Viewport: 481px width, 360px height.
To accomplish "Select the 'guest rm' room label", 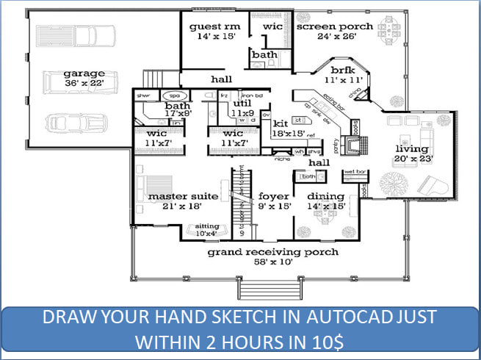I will click(x=211, y=27).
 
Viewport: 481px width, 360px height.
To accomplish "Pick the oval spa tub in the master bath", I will click(x=175, y=96).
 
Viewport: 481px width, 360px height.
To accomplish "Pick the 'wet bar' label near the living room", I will click(x=355, y=172).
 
